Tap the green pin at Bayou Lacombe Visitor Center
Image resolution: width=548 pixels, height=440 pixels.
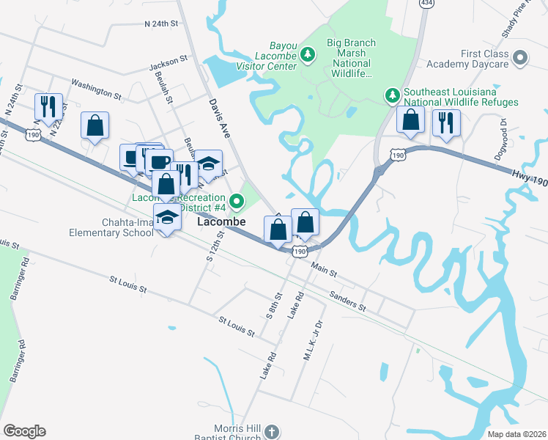point(308,54)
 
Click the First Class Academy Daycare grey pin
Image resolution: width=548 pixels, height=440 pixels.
point(521,56)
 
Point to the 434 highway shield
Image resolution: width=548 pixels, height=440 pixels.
point(426,3)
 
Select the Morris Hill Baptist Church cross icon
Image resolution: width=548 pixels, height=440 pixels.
point(271,431)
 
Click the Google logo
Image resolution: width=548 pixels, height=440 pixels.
point(24,431)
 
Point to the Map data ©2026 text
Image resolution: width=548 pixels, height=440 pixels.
point(516,433)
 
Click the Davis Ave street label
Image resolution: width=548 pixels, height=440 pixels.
point(219,116)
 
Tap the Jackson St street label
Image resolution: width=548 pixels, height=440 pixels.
point(164,67)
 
